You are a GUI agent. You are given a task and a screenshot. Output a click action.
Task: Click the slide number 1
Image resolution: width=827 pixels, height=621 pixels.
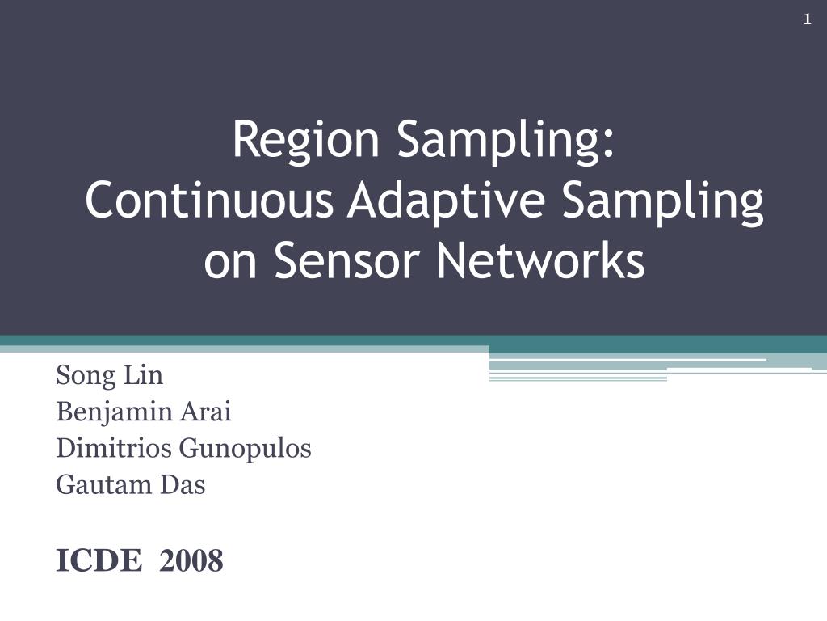pyautogui.click(x=807, y=19)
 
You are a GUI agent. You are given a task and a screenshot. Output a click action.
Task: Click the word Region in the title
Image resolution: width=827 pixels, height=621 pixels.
pyautogui.click(x=306, y=141)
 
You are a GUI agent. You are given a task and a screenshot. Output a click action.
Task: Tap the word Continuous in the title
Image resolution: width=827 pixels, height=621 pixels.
pyautogui.click(x=209, y=201)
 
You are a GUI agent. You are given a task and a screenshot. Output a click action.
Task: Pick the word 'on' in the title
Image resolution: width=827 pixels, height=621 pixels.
pyautogui.click(x=230, y=264)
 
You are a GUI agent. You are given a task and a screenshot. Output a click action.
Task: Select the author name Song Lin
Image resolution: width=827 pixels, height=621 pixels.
pyautogui.click(x=109, y=376)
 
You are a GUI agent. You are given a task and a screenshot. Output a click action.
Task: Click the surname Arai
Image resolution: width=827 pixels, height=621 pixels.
pyautogui.click(x=206, y=412)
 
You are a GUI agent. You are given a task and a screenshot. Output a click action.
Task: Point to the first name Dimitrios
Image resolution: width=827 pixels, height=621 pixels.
pyautogui.click(x=114, y=448)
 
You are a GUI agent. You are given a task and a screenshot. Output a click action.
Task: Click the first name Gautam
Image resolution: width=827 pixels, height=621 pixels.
pyautogui.click(x=104, y=485)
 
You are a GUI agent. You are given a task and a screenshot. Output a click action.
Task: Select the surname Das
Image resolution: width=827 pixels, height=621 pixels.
pyautogui.click(x=183, y=485)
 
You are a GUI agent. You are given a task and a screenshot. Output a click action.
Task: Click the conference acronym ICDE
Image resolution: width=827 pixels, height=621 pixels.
pyautogui.click(x=99, y=560)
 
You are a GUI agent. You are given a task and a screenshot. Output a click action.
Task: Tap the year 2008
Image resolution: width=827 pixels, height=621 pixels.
pyautogui.click(x=191, y=560)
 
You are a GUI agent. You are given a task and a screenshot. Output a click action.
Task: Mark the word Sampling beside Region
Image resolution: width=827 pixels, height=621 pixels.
pyautogui.click(x=500, y=142)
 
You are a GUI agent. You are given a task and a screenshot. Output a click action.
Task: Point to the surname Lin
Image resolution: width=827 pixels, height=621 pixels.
pyautogui.click(x=143, y=375)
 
